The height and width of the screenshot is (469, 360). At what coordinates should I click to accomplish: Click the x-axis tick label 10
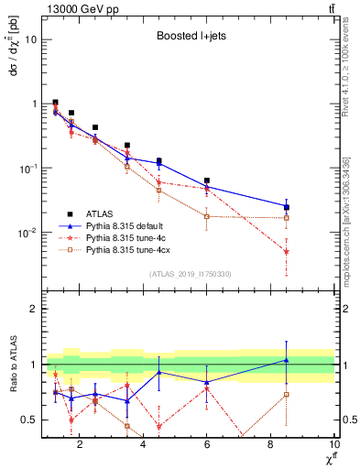click(333, 445)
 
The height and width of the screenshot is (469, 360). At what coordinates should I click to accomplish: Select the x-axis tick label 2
click(80, 445)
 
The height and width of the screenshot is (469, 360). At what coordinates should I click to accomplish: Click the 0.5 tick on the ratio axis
click(31, 420)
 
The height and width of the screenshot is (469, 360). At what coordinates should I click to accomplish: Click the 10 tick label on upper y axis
click(29, 39)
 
